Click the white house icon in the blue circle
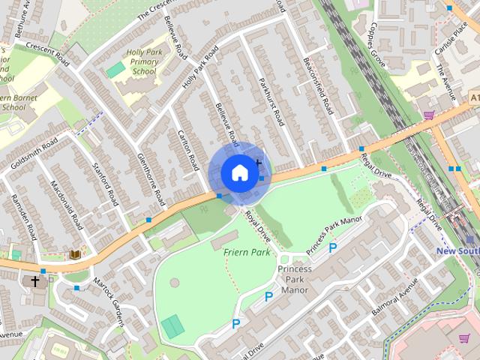238,172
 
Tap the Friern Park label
246,252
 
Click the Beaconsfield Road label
316,87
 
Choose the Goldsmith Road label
30,152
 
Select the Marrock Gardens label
108,303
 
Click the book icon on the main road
75,254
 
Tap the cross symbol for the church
34,281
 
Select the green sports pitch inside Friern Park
172,326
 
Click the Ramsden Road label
23,217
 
